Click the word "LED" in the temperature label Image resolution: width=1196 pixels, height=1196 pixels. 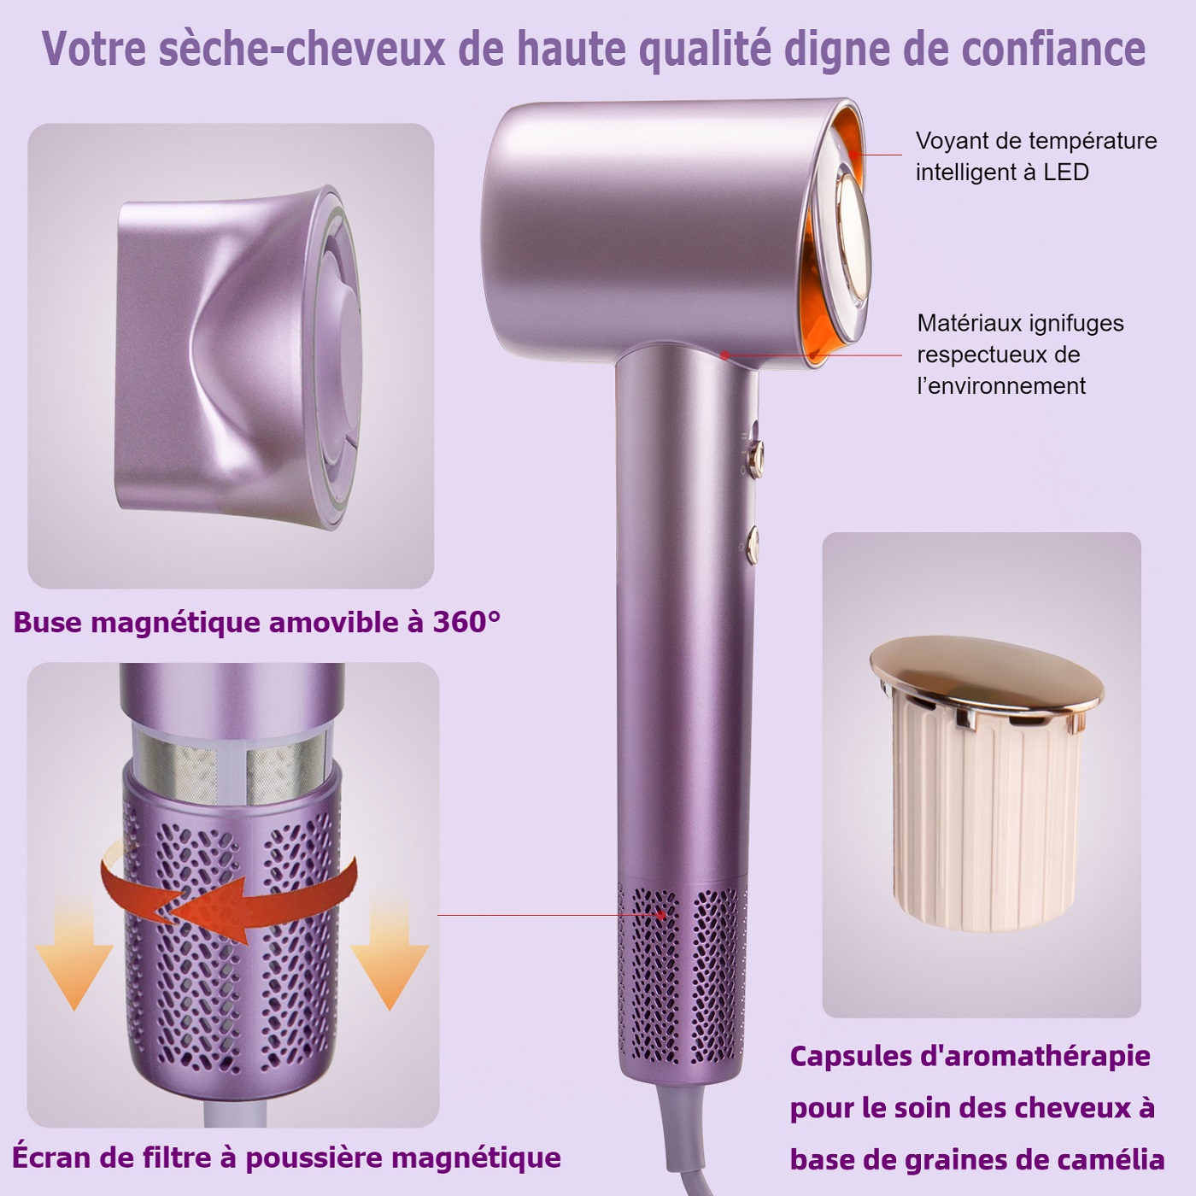point(1065,172)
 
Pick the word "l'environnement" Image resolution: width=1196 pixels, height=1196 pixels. point(1001,386)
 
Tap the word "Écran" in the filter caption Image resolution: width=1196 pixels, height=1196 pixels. point(47,1157)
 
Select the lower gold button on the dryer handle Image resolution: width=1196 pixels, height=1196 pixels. point(754,545)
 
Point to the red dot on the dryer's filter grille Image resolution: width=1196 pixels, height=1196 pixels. point(661,915)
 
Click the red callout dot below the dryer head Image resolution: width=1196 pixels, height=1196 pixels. point(724,355)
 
